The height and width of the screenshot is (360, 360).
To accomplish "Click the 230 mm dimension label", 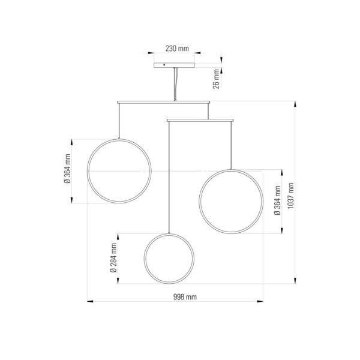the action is pyautogui.click(x=177, y=49).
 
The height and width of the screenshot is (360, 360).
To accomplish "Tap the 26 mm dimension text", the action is pyautogui.click(x=216, y=79).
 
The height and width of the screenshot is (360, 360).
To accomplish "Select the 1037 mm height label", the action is pyautogui.click(x=290, y=196).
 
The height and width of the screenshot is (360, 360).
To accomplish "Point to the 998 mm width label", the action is pyautogui.click(x=185, y=297).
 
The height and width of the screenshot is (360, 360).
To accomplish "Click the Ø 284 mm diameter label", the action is pyautogui.click(x=113, y=258).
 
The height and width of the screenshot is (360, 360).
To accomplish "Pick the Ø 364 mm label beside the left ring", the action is pyautogui.click(x=67, y=169).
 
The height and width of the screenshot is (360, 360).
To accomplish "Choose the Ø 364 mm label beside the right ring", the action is pyautogui.click(x=277, y=200).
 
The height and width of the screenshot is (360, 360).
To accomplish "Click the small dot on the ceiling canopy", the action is pyautogui.click(x=164, y=65).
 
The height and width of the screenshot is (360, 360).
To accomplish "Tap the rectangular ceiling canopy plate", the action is pyautogui.click(x=174, y=65).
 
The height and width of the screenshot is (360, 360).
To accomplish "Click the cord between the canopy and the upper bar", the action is pyautogui.click(x=175, y=84).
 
